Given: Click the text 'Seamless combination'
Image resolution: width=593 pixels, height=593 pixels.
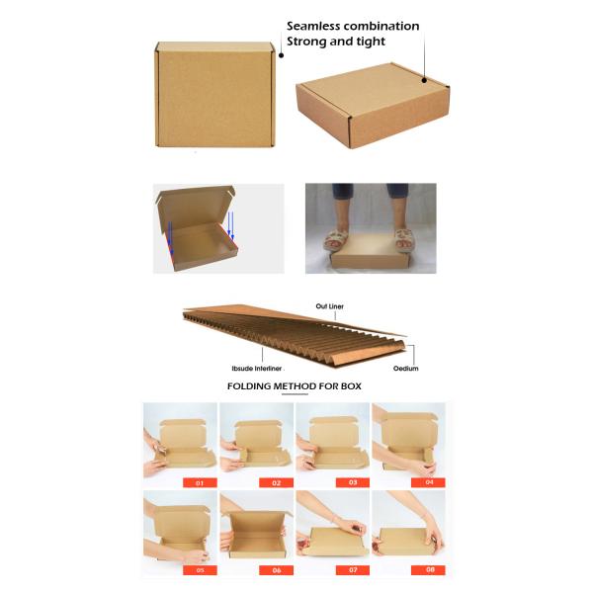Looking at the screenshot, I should click(353, 26).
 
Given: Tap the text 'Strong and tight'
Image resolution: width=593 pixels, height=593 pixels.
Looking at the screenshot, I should click(336, 42).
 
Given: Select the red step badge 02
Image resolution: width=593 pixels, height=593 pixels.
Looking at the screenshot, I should click(276, 482).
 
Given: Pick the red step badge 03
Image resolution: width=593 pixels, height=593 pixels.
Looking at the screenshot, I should click(352, 482).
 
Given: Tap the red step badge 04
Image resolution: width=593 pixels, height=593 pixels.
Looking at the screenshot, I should click(428, 482).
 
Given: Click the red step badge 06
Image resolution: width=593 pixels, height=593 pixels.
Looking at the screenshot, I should click(276, 570).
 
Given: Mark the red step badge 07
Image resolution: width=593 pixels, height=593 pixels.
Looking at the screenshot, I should click(352, 570).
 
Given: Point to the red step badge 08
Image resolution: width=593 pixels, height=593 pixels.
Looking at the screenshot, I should click(428, 570).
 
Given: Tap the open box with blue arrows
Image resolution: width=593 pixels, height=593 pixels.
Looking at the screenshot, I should click(217, 228).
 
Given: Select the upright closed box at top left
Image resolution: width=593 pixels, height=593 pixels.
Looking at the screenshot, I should click(213, 95).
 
